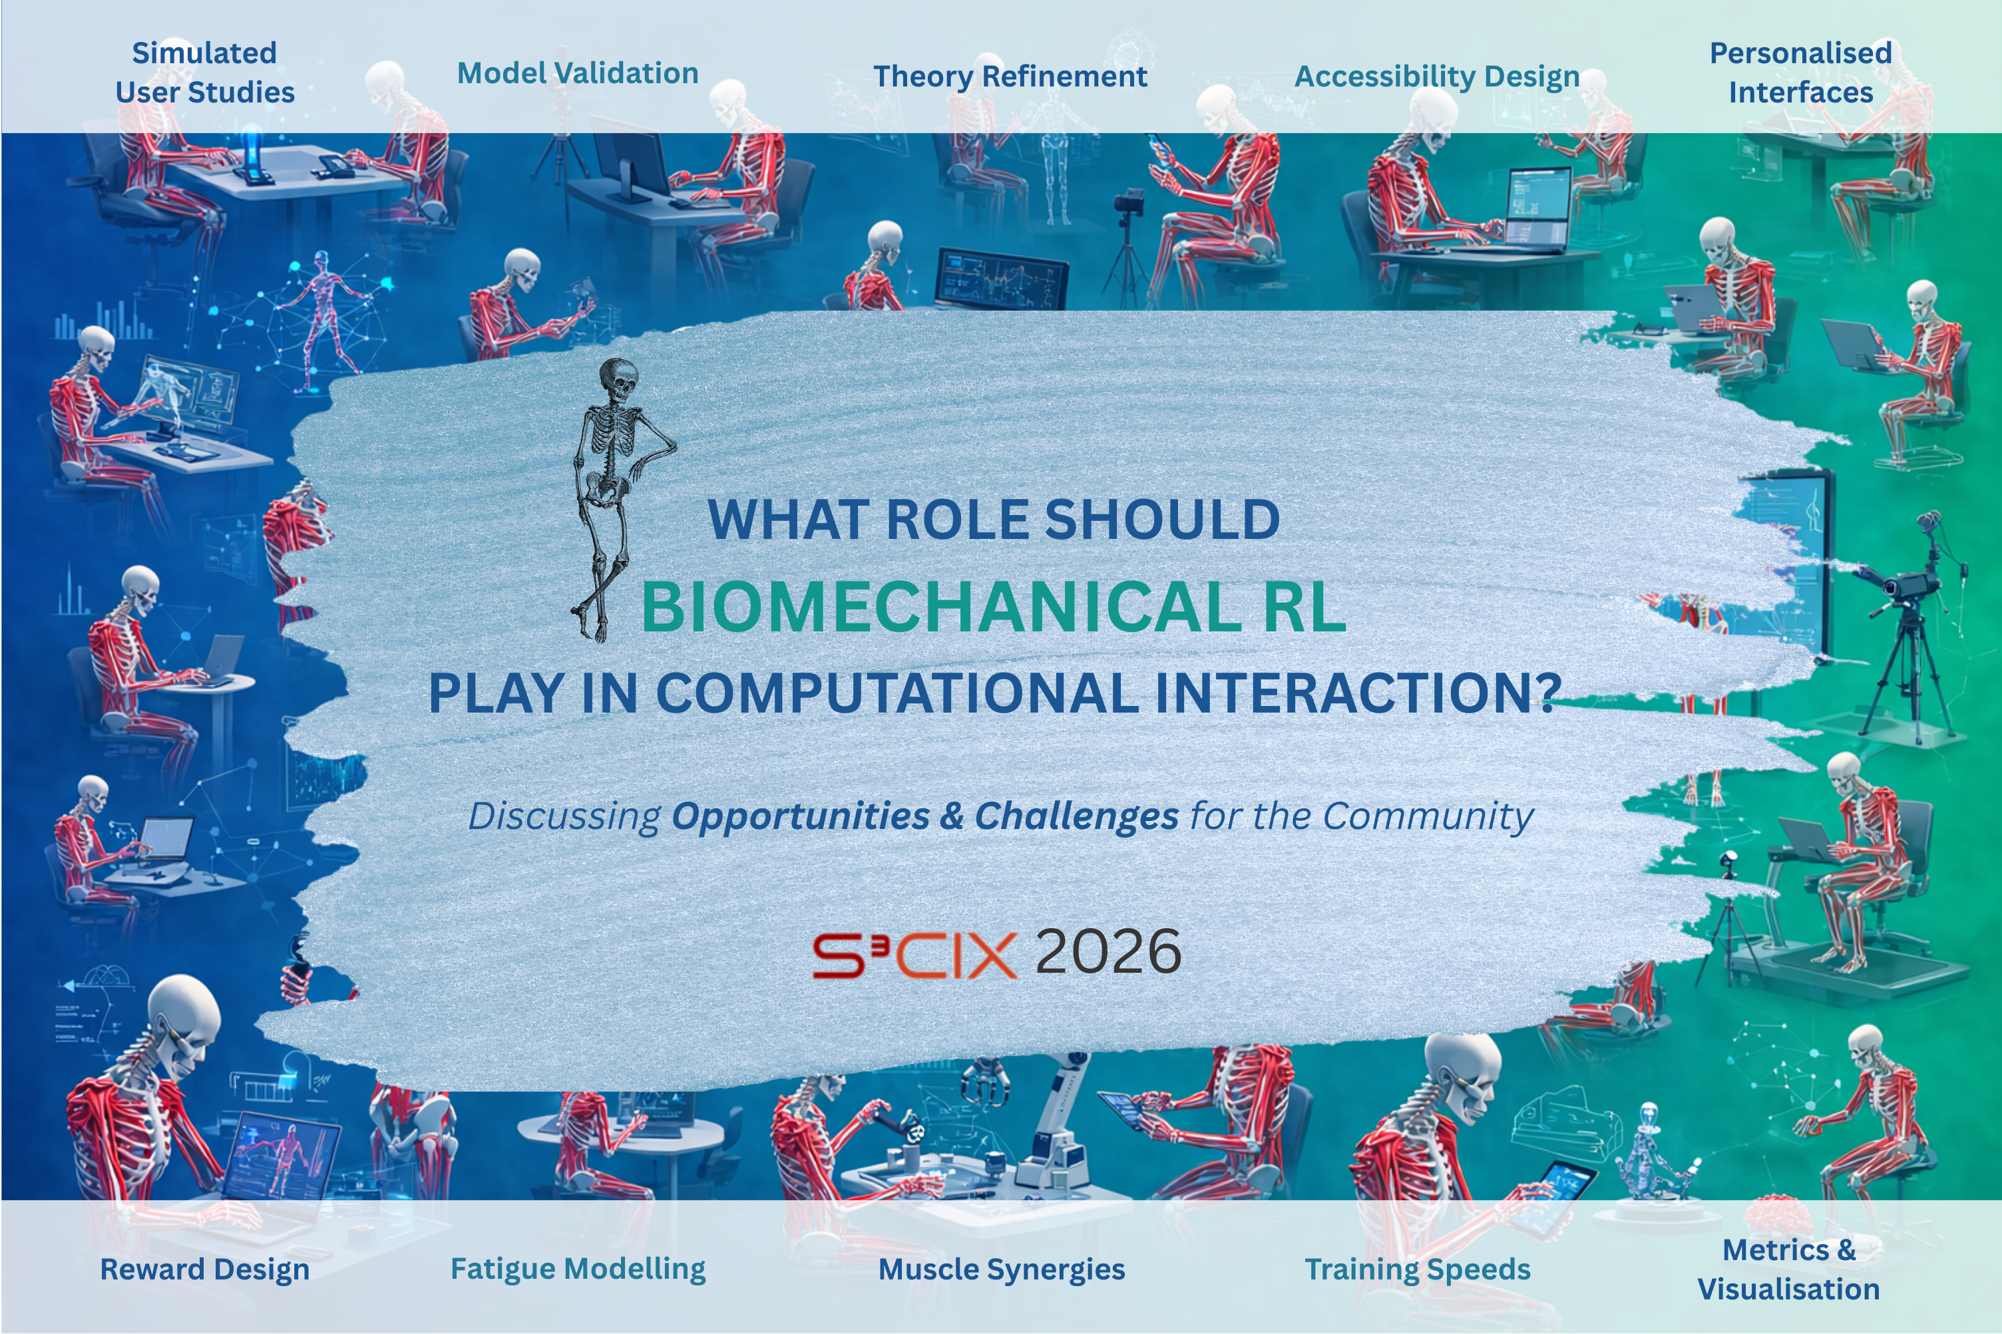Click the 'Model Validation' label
click(x=578, y=73)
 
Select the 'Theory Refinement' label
click(x=1010, y=77)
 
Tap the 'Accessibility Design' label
click(x=1437, y=77)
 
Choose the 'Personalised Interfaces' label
click(x=1800, y=73)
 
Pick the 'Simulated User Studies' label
click(x=205, y=73)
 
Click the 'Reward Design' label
click(x=204, y=1269)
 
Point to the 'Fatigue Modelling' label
click(x=578, y=1269)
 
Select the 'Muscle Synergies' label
click(x=1002, y=1269)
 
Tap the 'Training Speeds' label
click(x=1418, y=1269)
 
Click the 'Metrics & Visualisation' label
click(x=1788, y=1269)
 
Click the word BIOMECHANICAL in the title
click(x=941, y=607)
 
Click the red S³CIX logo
click(x=914, y=955)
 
